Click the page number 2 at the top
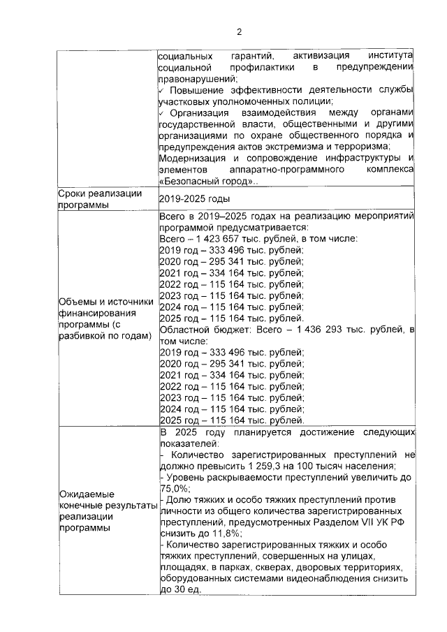point(238,31)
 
